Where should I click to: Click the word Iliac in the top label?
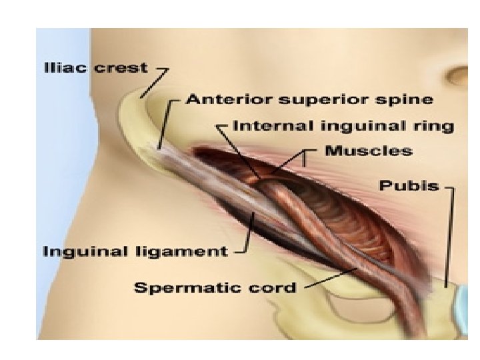click(x=61, y=68)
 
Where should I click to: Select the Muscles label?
click(x=369, y=151)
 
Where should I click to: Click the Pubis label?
click(x=409, y=186)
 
